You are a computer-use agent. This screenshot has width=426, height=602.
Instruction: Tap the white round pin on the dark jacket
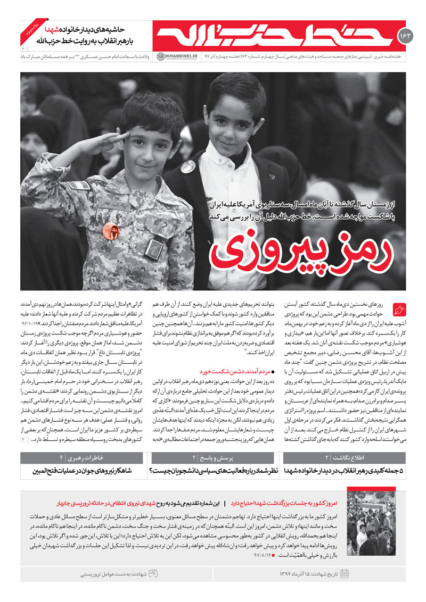tap(187, 166)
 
